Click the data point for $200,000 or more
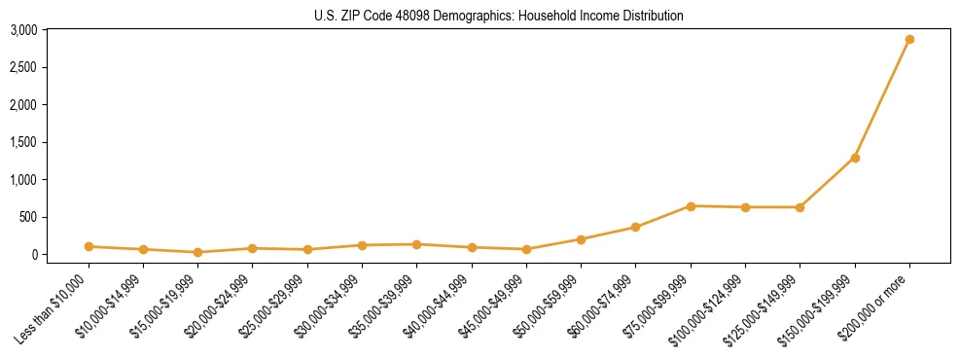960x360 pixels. click(909, 40)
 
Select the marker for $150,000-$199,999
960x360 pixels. click(855, 158)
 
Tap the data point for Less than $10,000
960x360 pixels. click(89, 247)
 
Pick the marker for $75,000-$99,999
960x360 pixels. click(691, 206)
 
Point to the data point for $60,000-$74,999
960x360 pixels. click(635, 228)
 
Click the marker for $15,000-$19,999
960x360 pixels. click(198, 252)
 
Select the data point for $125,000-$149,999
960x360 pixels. click(800, 207)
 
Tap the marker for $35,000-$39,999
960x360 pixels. click(416, 244)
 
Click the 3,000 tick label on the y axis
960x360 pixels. click(23, 30)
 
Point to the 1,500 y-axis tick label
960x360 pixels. click(23, 142)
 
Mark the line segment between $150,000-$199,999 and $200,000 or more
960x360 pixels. click(882, 99)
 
